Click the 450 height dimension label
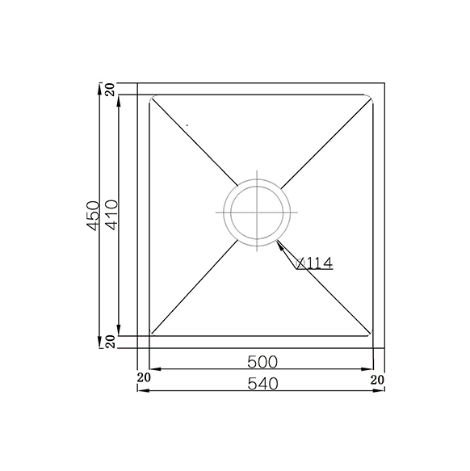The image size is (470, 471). point(93,216)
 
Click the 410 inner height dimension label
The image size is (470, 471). point(112,215)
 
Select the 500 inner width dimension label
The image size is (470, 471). point(262,362)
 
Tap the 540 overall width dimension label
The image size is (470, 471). point(263,384)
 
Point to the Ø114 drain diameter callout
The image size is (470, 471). point(314,263)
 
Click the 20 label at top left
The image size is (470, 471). point(111,89)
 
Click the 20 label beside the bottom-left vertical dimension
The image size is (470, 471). point(111,342)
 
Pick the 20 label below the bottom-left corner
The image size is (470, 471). point(144,377)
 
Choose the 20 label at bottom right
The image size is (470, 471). point(377,380)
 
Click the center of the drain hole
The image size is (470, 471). point(257,212)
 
